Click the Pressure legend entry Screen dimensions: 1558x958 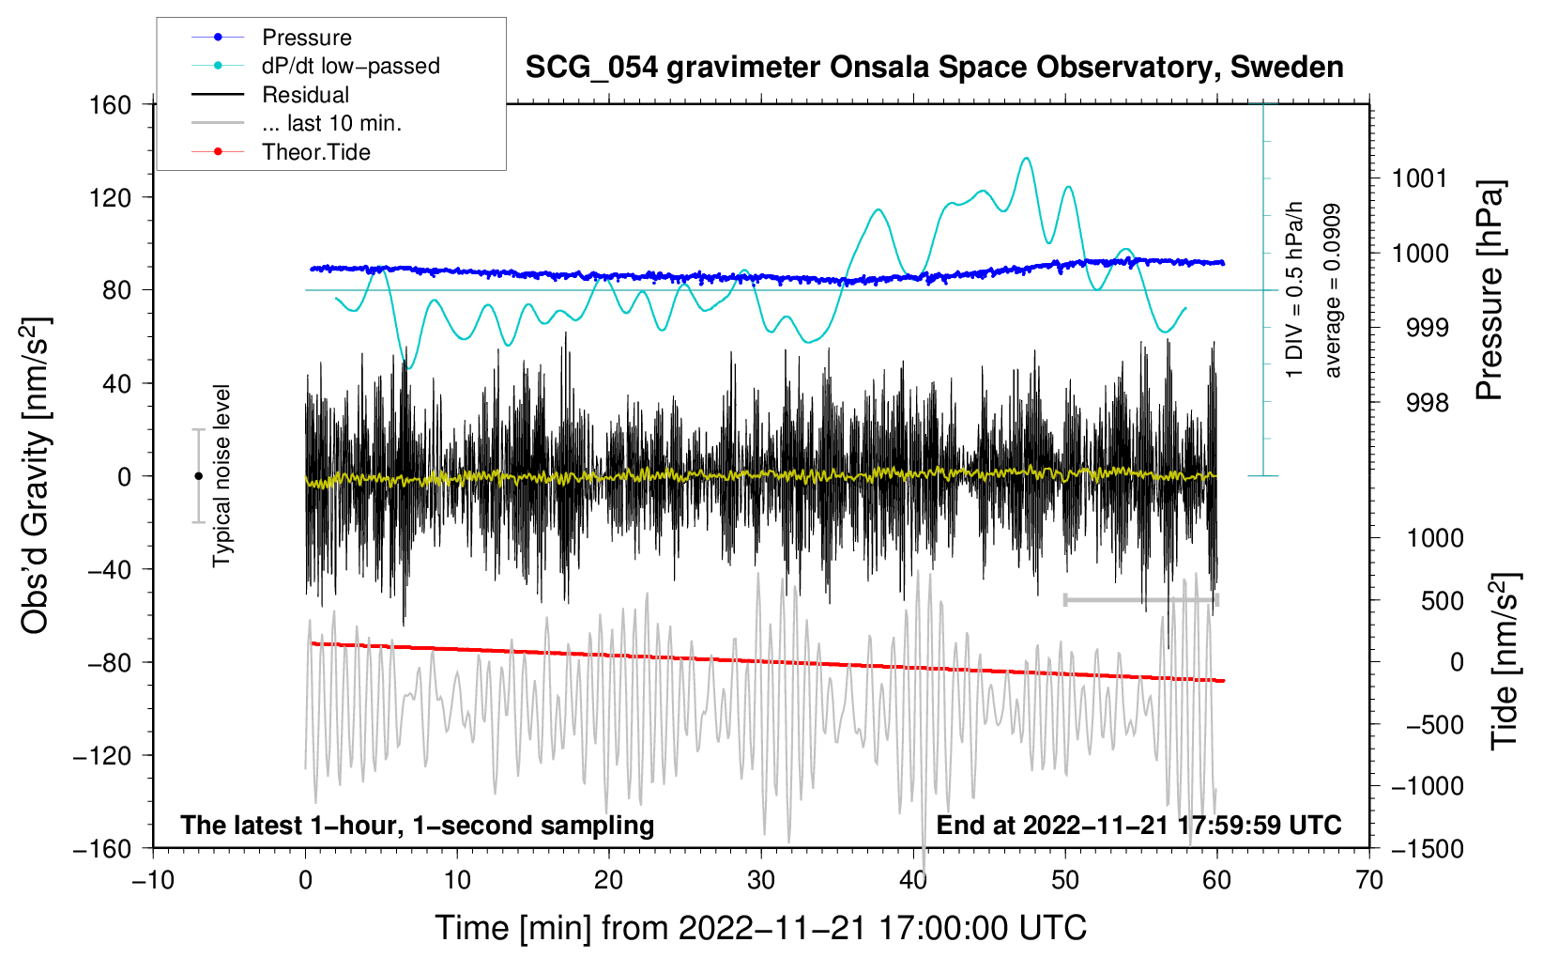(272, 37)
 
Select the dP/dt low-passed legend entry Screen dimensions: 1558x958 (315, 66)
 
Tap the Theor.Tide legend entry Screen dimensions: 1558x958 (281, 152)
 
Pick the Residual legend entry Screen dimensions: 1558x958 (270, 95)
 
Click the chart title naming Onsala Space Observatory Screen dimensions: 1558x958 (934, 68)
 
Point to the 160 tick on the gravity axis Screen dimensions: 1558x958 (111, 105)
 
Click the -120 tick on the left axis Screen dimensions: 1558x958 (102, 755)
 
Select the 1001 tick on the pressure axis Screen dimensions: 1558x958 (1420, 179)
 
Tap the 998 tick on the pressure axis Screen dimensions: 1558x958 (1428, 402)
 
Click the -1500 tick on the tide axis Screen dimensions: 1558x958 (1428, 849)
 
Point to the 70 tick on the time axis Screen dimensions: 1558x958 (1369, 880)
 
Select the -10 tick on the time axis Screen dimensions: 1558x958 (153, 880)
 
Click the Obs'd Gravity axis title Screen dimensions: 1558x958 (36, 475)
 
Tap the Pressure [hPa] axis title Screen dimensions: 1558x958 (1489, 290)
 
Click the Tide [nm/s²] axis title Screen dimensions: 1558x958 (1505, 661)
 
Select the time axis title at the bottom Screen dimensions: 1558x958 (761, 928)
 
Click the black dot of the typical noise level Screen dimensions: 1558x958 (198, 476)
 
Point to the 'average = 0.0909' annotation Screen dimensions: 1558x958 (1332, 290)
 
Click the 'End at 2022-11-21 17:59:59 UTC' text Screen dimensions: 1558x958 (1138, 825)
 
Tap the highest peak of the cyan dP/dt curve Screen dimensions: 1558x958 (1026, 158)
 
